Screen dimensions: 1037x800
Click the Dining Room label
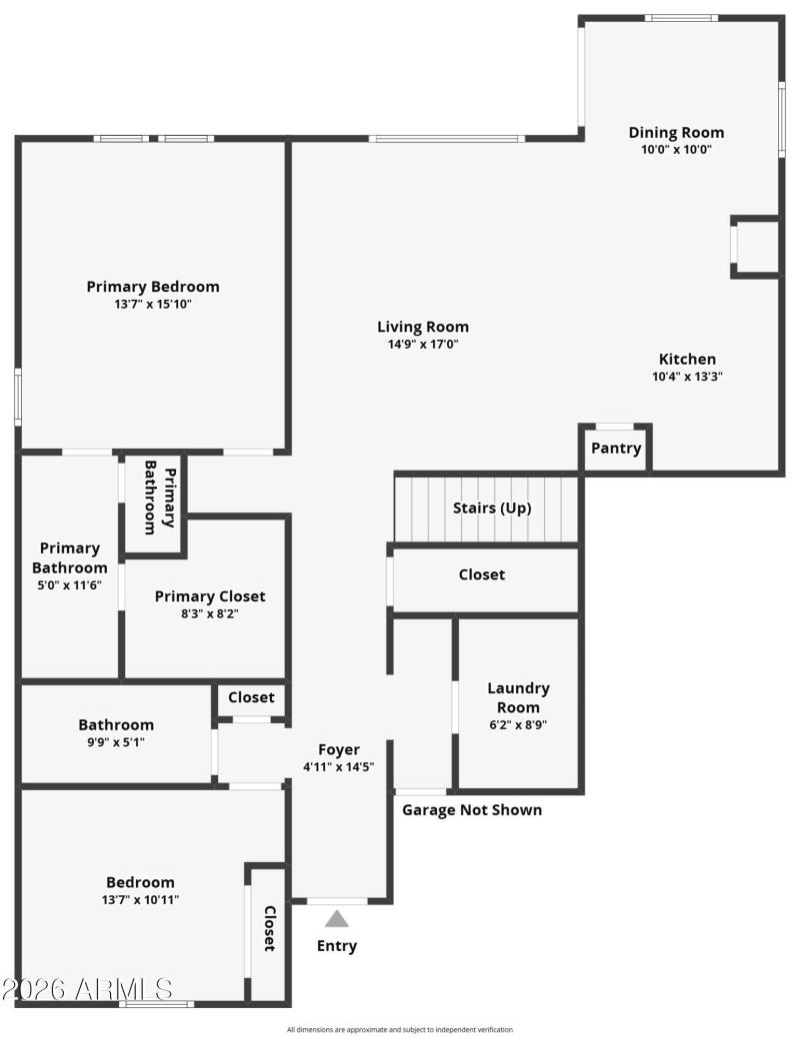click(x=676, y=133)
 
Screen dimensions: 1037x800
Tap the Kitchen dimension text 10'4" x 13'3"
click(x=687, y=377)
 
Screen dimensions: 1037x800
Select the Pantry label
click(x=616, y=449)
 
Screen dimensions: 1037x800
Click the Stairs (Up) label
click(x=492, y=508)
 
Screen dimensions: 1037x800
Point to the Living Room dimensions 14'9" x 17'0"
click(x=422, y=344)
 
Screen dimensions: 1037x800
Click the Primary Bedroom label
click(x=153, y=287)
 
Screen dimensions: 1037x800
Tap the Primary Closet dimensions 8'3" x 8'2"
click(x=210, y=614)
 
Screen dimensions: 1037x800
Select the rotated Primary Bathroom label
click(x=160, y=498)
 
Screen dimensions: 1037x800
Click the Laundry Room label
click(x=518, y=697)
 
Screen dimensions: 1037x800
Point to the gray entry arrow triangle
click(x=337, y=919)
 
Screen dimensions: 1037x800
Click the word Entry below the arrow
click(x=337, y=946)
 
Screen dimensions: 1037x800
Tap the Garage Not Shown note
click(x=472, y=809)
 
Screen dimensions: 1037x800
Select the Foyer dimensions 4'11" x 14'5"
click(x=338, y=767)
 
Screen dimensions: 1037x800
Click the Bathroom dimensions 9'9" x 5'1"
click(x=116, y=742)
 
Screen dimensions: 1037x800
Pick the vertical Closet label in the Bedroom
click(x=269, y=928)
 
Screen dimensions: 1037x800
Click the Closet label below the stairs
click(x=482, y=574)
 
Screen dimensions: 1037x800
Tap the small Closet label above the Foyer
click(x=251, y=697)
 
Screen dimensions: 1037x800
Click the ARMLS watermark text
click(x=87, y=989)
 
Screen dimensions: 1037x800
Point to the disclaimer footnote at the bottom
click(x=400, y=1029)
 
